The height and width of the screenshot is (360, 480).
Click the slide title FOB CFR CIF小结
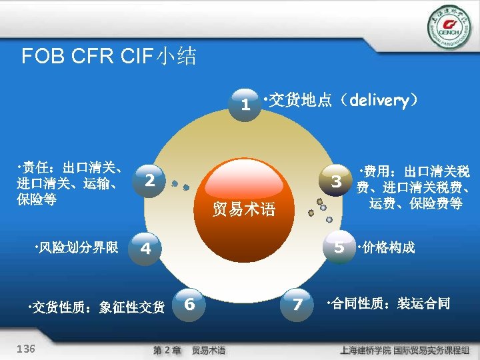(109, 56)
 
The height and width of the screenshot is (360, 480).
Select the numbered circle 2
(150, 180)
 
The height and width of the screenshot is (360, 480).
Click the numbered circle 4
(145, 248)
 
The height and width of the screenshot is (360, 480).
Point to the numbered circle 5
(339, 247)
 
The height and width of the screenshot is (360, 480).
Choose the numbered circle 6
(189, 304)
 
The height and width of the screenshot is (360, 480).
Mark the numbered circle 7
(297, 305)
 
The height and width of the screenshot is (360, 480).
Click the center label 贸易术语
(244, 209)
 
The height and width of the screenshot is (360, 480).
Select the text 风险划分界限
(76, 248)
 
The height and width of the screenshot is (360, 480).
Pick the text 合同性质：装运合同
(389, 305)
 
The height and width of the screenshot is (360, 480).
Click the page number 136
(26, 349)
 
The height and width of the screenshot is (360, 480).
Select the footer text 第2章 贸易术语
(189, 350)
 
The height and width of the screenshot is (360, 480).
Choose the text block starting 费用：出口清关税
(415, 187)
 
